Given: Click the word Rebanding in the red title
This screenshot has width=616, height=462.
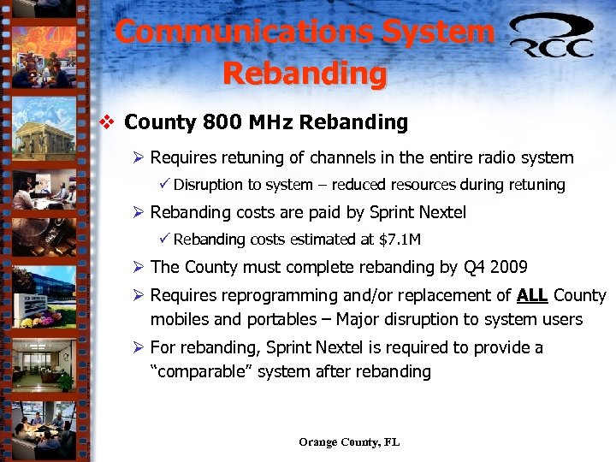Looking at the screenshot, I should click(x=305, y=74).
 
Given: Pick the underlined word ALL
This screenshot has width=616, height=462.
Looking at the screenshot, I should click(x=533, y=296).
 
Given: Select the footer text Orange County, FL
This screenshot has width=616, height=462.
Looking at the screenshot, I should click(x=349, y=442).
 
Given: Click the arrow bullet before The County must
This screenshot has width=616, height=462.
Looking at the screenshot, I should click(x=139, y=267).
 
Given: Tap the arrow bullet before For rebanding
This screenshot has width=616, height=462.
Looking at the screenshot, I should click(x=139, y=348).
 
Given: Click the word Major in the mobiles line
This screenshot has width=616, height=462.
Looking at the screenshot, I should click(x=360, y=320).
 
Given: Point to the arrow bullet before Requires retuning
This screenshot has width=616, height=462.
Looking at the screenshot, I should click(x=139, y=157).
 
